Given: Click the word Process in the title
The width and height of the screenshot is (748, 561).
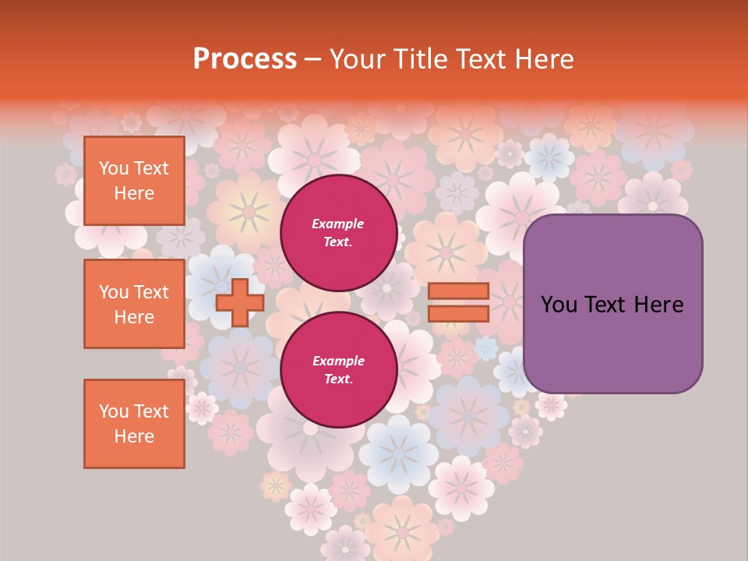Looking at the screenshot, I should (x=245, y=59).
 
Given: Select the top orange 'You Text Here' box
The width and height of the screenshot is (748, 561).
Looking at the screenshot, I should (x=134, y=181).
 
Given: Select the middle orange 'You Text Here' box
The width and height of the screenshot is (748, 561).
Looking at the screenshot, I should (x=134, y=304).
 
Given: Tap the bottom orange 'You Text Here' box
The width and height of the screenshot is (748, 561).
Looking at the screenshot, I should (x=134, y=423).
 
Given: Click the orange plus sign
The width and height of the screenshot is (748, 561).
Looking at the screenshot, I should (x=239, y=302).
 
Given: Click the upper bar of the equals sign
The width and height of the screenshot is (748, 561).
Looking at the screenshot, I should (x=458, y=291).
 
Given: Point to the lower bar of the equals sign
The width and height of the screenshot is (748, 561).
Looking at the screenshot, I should (x=458, y=313).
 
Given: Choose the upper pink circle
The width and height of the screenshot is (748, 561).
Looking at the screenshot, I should (x=338, y=233).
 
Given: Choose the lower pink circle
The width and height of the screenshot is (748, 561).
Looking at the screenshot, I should (x=338, y=370).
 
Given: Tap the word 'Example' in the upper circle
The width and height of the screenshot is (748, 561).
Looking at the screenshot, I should (x=338, y=224).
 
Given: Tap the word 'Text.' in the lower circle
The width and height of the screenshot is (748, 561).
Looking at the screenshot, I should (x=338, y=379).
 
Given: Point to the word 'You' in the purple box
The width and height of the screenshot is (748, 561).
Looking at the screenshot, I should (x=558, y=305).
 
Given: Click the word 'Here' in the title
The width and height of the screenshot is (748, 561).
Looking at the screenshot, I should (x=546, y=59).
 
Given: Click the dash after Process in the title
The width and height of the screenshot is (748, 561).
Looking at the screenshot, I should (x=313, y=59).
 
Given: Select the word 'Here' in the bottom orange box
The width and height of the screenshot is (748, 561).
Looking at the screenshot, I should (x=134, y=436).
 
